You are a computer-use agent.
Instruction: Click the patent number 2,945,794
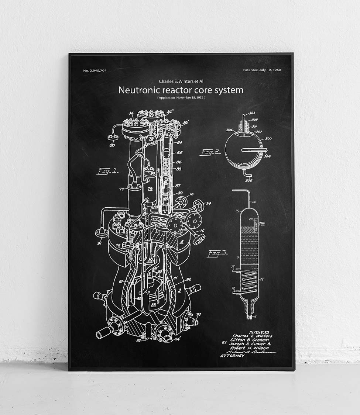95,70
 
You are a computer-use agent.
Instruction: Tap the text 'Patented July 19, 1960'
262,70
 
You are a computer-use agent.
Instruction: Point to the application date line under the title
181,98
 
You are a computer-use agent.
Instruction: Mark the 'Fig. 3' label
217,253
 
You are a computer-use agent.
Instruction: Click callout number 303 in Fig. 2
252,113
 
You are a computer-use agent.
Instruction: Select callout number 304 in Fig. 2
267,156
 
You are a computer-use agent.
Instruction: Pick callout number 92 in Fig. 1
188,279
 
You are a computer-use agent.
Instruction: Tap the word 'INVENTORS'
259,332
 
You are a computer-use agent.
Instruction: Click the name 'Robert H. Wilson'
250,348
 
